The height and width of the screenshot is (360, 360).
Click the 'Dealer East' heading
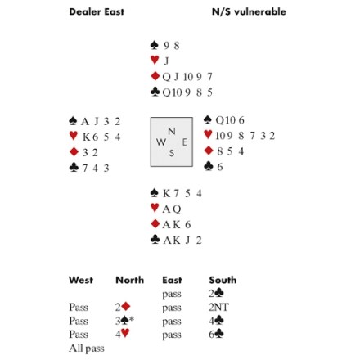click(97, 11)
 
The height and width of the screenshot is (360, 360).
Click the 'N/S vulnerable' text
click(249, 11)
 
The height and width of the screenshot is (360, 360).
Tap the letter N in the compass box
click(172, 132)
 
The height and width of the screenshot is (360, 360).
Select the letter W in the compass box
click(161, 142)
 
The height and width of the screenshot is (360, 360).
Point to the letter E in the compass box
click(184, 142)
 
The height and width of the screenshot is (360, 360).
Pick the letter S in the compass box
click(172, 153)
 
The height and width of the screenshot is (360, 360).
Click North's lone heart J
click(166, 61)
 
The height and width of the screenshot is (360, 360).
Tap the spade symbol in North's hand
click(155, 45)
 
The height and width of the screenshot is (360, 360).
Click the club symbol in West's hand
click(74, 167)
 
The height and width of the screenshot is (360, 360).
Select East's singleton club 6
click(220, 167)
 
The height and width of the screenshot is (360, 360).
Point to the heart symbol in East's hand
click(208, 134)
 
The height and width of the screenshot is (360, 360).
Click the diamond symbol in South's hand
click(155, 224)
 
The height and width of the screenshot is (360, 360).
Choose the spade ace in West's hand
click(85, 121)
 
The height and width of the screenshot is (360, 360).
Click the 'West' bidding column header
click(81, 280)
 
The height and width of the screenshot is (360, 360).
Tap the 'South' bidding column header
click(223, 280)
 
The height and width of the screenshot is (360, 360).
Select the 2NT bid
click(218, 308)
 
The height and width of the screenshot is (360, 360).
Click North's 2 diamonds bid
click(123, 307)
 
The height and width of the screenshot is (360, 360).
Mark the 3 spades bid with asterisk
click(124, 321)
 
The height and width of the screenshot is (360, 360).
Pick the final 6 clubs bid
click(216, 335)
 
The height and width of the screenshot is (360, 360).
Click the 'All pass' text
click(87, 349)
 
